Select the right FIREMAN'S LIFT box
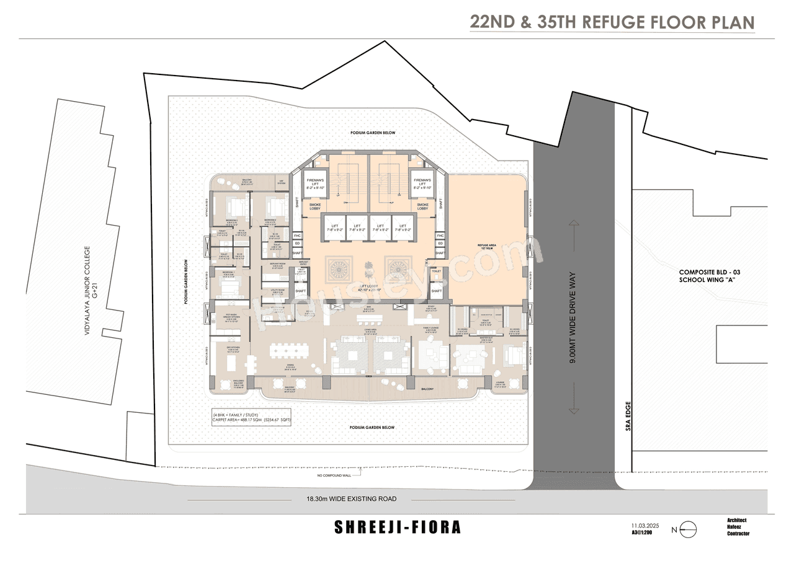pyautogui.click(x=422, y=183)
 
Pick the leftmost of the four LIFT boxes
pyautogui.click(x=334, y=228)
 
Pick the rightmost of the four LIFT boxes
pyautogui.click(x=403, y=228)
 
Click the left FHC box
pyautogui.click(x=297, y=236)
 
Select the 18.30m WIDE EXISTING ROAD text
pyautogui.click(x=351, y=498)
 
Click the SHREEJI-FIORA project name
pyautogui.click(x=398, y=528)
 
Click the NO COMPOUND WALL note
pyautogui.click(x=333, y=476)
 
